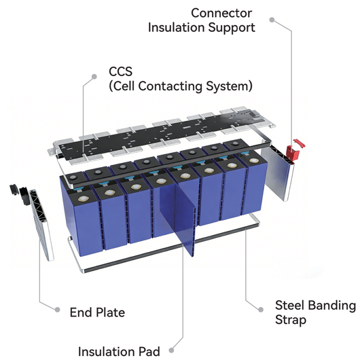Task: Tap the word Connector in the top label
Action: [x=221, y=13]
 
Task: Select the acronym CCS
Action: [x=120, y=71]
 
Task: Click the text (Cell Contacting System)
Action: [x=181, y=86]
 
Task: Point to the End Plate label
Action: [x=97, y=312]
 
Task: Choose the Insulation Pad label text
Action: [x=119, y=351]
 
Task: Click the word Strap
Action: [x=291, y=320]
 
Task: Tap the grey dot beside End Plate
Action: [x=57, y=310]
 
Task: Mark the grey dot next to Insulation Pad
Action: [x=171, y=350]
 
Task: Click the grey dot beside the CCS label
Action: [x=94, y=77]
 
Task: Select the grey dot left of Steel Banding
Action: [x=261, y=310]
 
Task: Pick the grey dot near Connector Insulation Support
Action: [x=272, y=20]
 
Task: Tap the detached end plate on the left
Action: [x=41, y=224]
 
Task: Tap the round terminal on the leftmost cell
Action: [x=82, y=198]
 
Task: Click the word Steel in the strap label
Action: [x=289, y=305]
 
